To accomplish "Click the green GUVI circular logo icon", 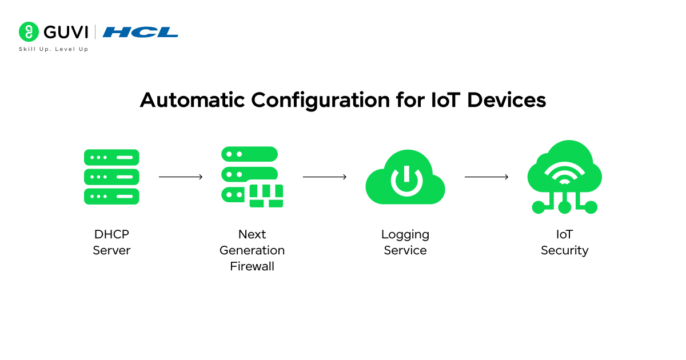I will pos(28,32).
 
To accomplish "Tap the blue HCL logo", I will pos(140,32).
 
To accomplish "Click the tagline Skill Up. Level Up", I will pos(53,49).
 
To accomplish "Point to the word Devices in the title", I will pos(506,100).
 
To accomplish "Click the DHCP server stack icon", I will pos(111,177).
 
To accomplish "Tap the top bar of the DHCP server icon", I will pos(111,157).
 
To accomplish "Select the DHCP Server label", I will pos(111,242).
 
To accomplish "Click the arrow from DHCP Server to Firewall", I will pos(181,177).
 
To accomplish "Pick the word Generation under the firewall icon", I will pos(252,250).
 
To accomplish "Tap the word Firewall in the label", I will pos(252,266).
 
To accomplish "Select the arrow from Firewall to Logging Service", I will pos(325,177).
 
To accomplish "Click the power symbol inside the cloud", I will pos(406,180).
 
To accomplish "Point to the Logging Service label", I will pos(405,242).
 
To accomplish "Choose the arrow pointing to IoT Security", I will pos(486,177).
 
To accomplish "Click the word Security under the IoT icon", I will pos(564,250).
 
